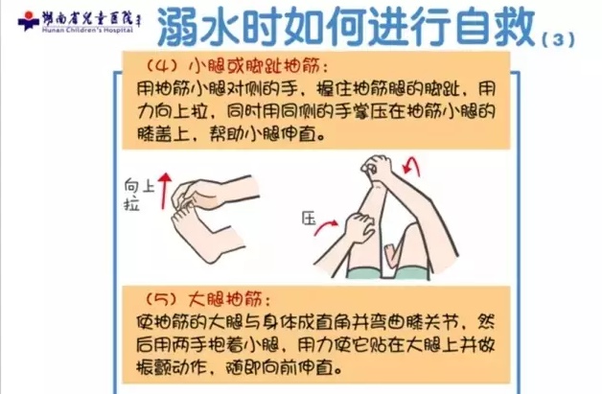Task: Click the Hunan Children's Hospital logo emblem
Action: click(28, 21)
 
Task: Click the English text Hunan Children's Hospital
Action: click(87, 30)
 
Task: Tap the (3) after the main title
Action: click(558, 40)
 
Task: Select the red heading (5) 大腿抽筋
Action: click(209, 299)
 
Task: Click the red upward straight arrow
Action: click(165, 191)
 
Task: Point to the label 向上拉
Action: click(139, 195)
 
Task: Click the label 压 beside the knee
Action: click(309, 220)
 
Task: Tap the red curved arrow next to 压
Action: click(326, 227)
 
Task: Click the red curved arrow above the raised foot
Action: click(411, 166)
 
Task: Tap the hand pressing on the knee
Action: click(359, 227)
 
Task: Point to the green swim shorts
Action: click(388, 272)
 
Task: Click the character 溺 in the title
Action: click(178, 27)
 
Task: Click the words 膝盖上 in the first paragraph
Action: click(163, 133)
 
